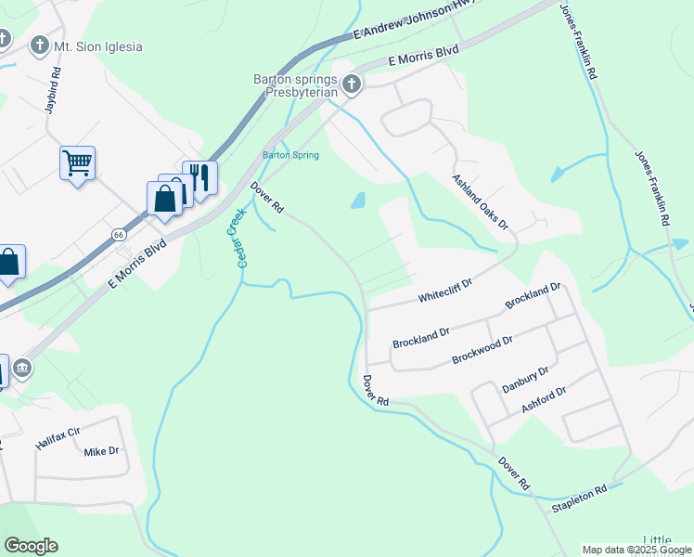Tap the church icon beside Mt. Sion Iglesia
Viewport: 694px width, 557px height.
(39, 44)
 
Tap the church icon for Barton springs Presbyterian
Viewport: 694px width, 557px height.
(352, 85)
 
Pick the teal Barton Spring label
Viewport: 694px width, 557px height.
(290, 155)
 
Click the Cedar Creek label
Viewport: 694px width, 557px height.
(242, 239)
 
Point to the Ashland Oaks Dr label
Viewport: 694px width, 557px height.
(482, 201)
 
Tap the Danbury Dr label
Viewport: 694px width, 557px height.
(525, 380)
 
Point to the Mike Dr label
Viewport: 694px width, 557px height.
(102, 451)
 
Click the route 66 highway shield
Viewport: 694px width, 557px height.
(119, 235)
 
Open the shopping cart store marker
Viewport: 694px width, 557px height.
(77, 164)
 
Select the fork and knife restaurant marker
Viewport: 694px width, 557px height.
(199, 176)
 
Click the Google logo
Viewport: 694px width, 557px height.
(31, 546)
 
